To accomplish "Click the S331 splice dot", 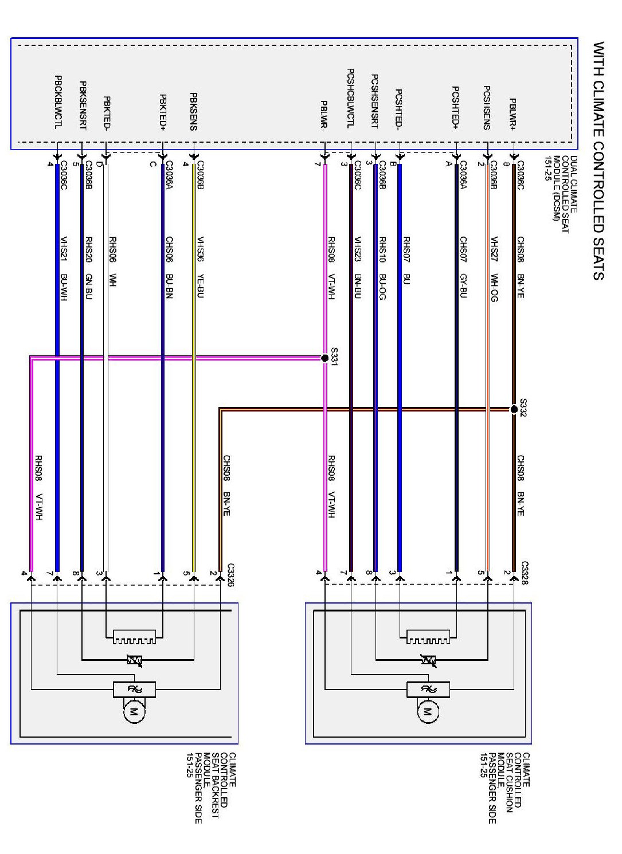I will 325,358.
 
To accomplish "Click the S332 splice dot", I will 514,409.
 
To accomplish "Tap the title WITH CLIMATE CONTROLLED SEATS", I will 598,160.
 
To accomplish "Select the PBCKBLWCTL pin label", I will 57,101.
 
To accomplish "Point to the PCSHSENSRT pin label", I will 375,101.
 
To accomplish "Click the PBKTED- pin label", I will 107,113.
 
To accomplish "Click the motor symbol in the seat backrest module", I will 134,712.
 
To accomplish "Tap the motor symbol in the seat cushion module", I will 427,712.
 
